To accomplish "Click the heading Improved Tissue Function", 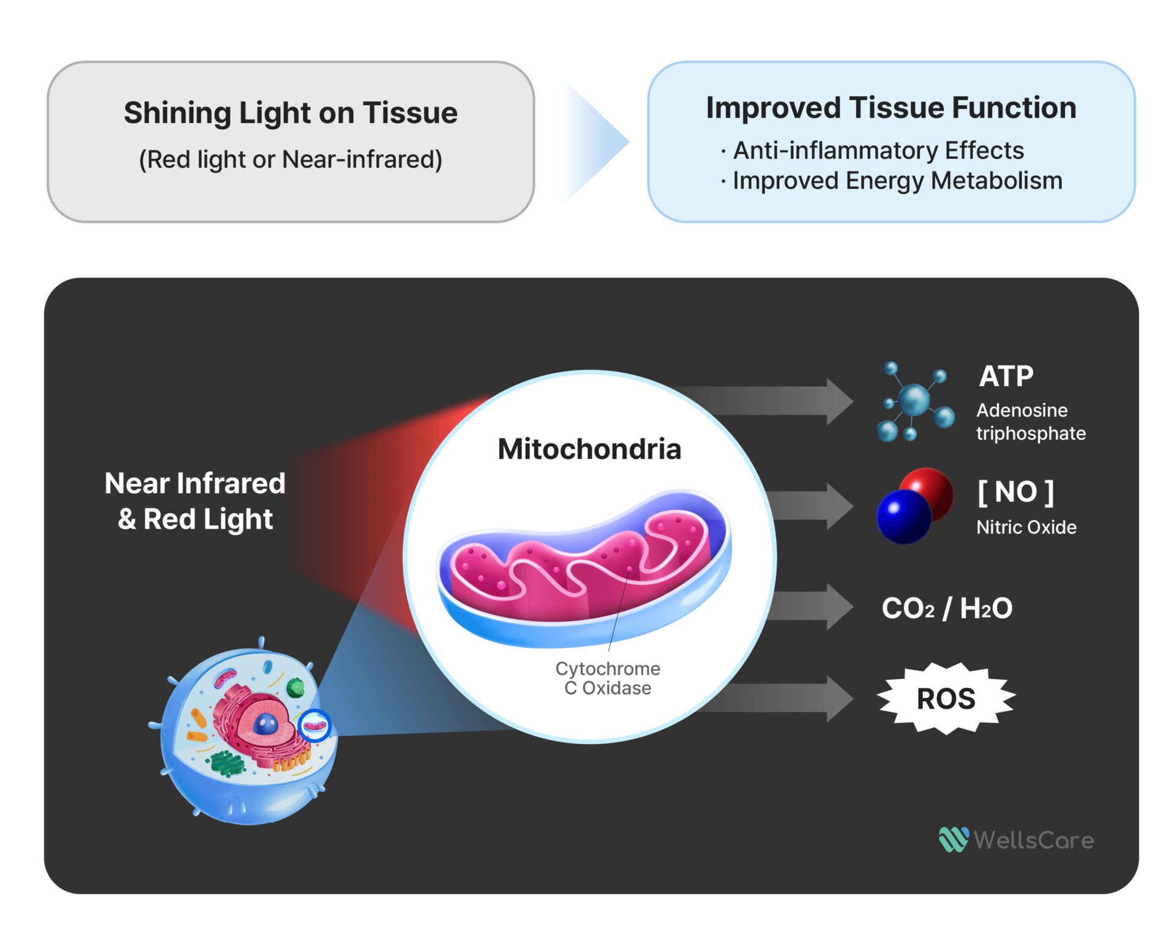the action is [890, 108].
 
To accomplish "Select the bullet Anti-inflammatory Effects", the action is [878, 151].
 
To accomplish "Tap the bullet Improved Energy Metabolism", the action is [897, 181].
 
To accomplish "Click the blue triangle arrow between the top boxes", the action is [591, 142].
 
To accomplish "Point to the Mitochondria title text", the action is [589, 449].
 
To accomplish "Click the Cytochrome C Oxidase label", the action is [607, 678].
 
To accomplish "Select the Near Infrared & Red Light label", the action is [195, 501].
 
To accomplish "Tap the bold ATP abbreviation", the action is [1005, 376].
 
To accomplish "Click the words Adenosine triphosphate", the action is [1031, 422].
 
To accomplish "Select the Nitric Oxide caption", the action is [1026, 527].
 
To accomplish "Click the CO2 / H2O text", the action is [946, 608].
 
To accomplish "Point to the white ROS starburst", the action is [946, 698].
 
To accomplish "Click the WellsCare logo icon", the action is [953, 840].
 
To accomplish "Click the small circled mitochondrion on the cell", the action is [315, 726].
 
